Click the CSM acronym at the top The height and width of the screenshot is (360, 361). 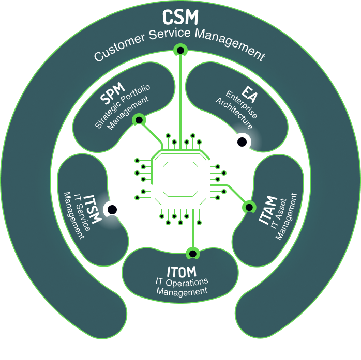(180, 17)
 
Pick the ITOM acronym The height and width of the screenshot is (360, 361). (181, 272)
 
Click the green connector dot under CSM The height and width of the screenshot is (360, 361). (180, 50)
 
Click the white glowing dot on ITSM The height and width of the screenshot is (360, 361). (112, 209)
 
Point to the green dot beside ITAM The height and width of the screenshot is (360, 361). (249, 207)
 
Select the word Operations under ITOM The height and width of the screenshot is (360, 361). (187, 282)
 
